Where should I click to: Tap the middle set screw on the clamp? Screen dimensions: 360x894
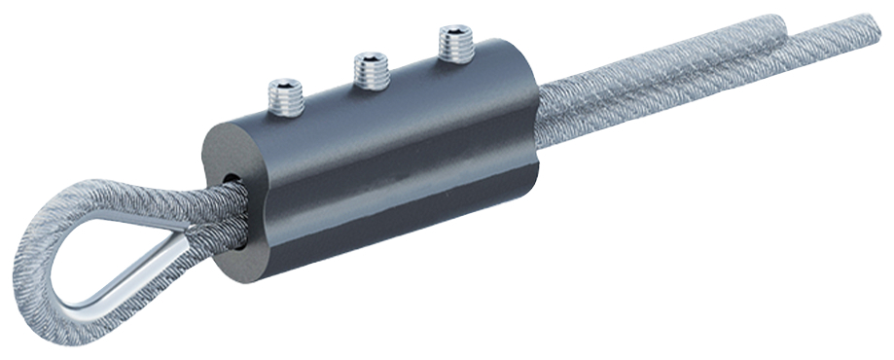(371, 68)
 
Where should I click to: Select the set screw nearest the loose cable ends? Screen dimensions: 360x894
(453, 42)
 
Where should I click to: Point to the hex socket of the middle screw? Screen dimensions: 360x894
(371, 60)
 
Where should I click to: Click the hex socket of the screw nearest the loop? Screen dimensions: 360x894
(286, 85)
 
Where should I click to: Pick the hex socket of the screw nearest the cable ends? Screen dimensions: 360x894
(453, 33)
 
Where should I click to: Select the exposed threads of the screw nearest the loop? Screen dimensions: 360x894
(286, 98)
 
